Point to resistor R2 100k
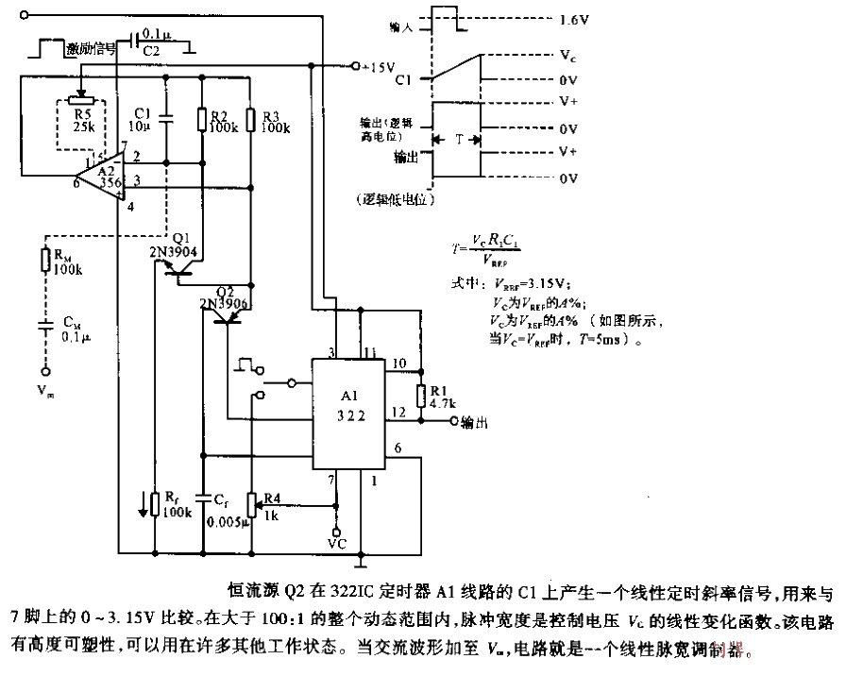tap(202, 119)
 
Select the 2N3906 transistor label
tap(225, 304)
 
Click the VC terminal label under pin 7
tap(336, 545)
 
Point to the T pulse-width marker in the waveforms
tap(459, 138)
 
